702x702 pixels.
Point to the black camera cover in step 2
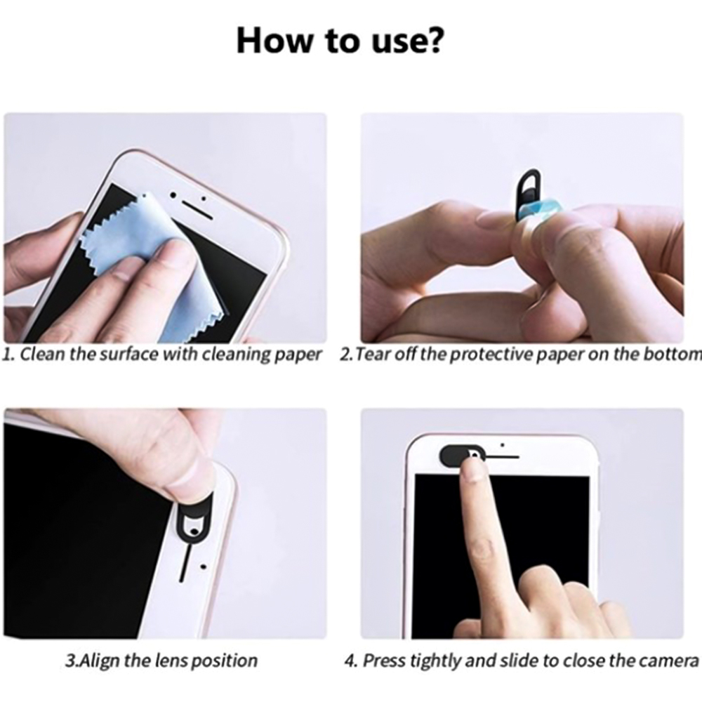point(529,195)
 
